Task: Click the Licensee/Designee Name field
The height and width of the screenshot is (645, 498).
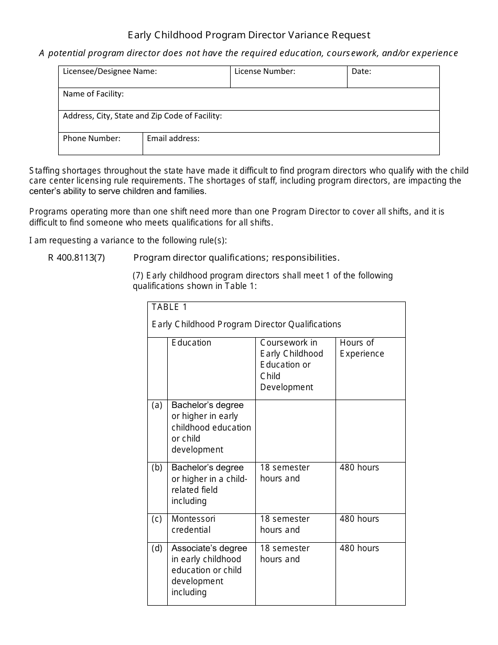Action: (x=144, y=77)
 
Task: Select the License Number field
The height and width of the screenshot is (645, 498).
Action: (x=288, y=77)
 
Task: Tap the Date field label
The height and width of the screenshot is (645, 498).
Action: (x=361, y=71)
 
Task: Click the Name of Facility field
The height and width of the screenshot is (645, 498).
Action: (x=248, y=99)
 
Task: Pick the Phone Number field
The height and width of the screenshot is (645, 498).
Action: (x=100, y=144)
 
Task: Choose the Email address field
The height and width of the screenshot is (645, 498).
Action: (x=291, y=144)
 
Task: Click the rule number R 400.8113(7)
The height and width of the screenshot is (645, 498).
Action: (x=77, y=257)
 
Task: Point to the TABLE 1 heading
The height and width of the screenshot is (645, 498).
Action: (x=169, y=307)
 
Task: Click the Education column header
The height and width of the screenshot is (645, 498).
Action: (x=191, y=342)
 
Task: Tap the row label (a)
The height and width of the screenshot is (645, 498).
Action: (x=157, y=405)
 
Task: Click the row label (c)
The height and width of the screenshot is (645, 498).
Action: (x=157, y=519)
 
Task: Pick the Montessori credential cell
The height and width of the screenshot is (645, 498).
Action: (x=193, y=524)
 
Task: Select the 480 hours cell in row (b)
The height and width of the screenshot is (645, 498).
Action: (x=359, y=467)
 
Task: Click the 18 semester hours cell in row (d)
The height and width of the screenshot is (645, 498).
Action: (x=285, y=553)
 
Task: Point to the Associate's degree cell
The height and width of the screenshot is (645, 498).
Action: (x=209, y=570)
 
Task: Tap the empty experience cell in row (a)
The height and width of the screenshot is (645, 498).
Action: (x=370, y=431)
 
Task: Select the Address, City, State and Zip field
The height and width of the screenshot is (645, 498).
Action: (x=248, y=121)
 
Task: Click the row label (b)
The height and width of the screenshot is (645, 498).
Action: (x=157, y=467)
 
